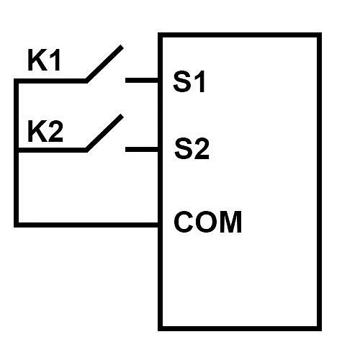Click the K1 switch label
pyautogui.click(x=44, y=60)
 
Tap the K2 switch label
pyautogui.click(x=45, y=131)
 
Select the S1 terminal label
pyautogui.click(x=189, y=81)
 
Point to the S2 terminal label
pyautogui.click(x=192, y=148)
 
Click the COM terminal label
pyautogui.click(x=207, y=222)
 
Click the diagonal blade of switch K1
pyautogui.click(x=104, y=63)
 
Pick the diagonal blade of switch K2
pyautogui.click(x=104, y=133)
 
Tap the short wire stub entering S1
pyautogui.click(x=142, y=80)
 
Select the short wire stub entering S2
pyautogui.click(x=142, y=150)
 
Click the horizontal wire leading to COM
pyautogui.click(x=89, y=225)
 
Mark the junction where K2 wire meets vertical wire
pyautogui.click(x=17, y=150)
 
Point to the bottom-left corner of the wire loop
pyautogui.click(x=17, y=225)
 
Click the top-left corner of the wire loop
pyautogui.click(x=17, y=81)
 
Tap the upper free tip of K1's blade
pyautogui.click(x=122, y=46)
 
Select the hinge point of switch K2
pyautogui.click(x=86, y=150)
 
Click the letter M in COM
pyautogui.click(x=231, y=222)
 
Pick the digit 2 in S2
pyautogui.click(x=201, y=148)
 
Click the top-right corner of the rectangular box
pyautogui.click(x=320, y=35)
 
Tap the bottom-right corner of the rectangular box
pyautogui.click(x=320, y=329)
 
